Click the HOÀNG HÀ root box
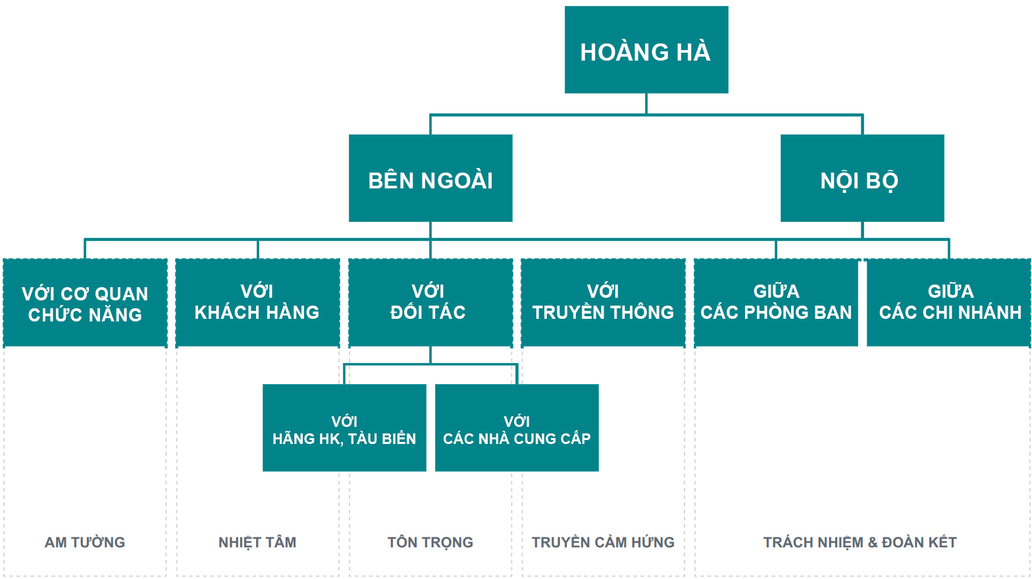point(646,50)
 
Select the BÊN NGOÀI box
point(430,179)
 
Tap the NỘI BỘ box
point(862,179)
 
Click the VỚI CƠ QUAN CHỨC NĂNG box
point(85,303)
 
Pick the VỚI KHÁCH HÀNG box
point(257,303)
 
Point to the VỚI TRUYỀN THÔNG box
point(603,303)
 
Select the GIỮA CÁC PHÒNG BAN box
point(776,303)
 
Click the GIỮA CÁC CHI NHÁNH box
point(949,303)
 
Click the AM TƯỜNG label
point(85,542)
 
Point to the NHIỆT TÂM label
point(257,542)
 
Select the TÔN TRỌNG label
point(430,542)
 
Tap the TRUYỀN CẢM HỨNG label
point(603,542)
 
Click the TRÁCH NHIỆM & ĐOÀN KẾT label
point(860,542)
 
